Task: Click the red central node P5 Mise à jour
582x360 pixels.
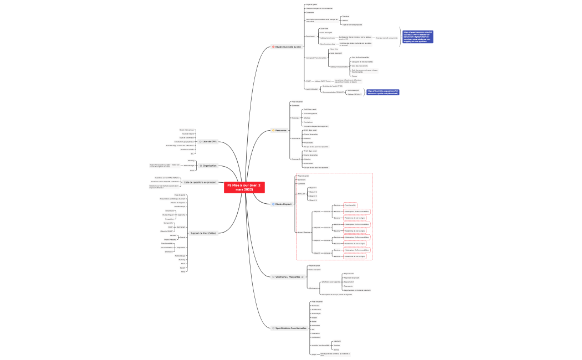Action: click(x=244, y=187)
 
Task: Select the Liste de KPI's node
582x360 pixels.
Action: click(x=210, y=142)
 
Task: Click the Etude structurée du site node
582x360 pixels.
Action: click(x=288, y=47)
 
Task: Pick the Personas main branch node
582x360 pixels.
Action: click(x=281, y=130)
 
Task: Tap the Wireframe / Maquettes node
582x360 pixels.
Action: click(x=288, y=276)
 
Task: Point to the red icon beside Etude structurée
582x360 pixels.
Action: click(x=273, y=47)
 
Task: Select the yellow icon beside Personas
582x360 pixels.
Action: click(x=273, y=130)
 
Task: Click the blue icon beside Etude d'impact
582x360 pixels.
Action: click(x=273, y=204)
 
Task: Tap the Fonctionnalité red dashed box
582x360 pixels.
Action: click(x=351, y=204)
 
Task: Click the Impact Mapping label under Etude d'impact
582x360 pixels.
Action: click(x=303, y=232)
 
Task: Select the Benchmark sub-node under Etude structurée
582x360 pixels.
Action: click(x=310, y=36)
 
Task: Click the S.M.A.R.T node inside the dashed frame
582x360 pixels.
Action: click(x=302, y=194)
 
